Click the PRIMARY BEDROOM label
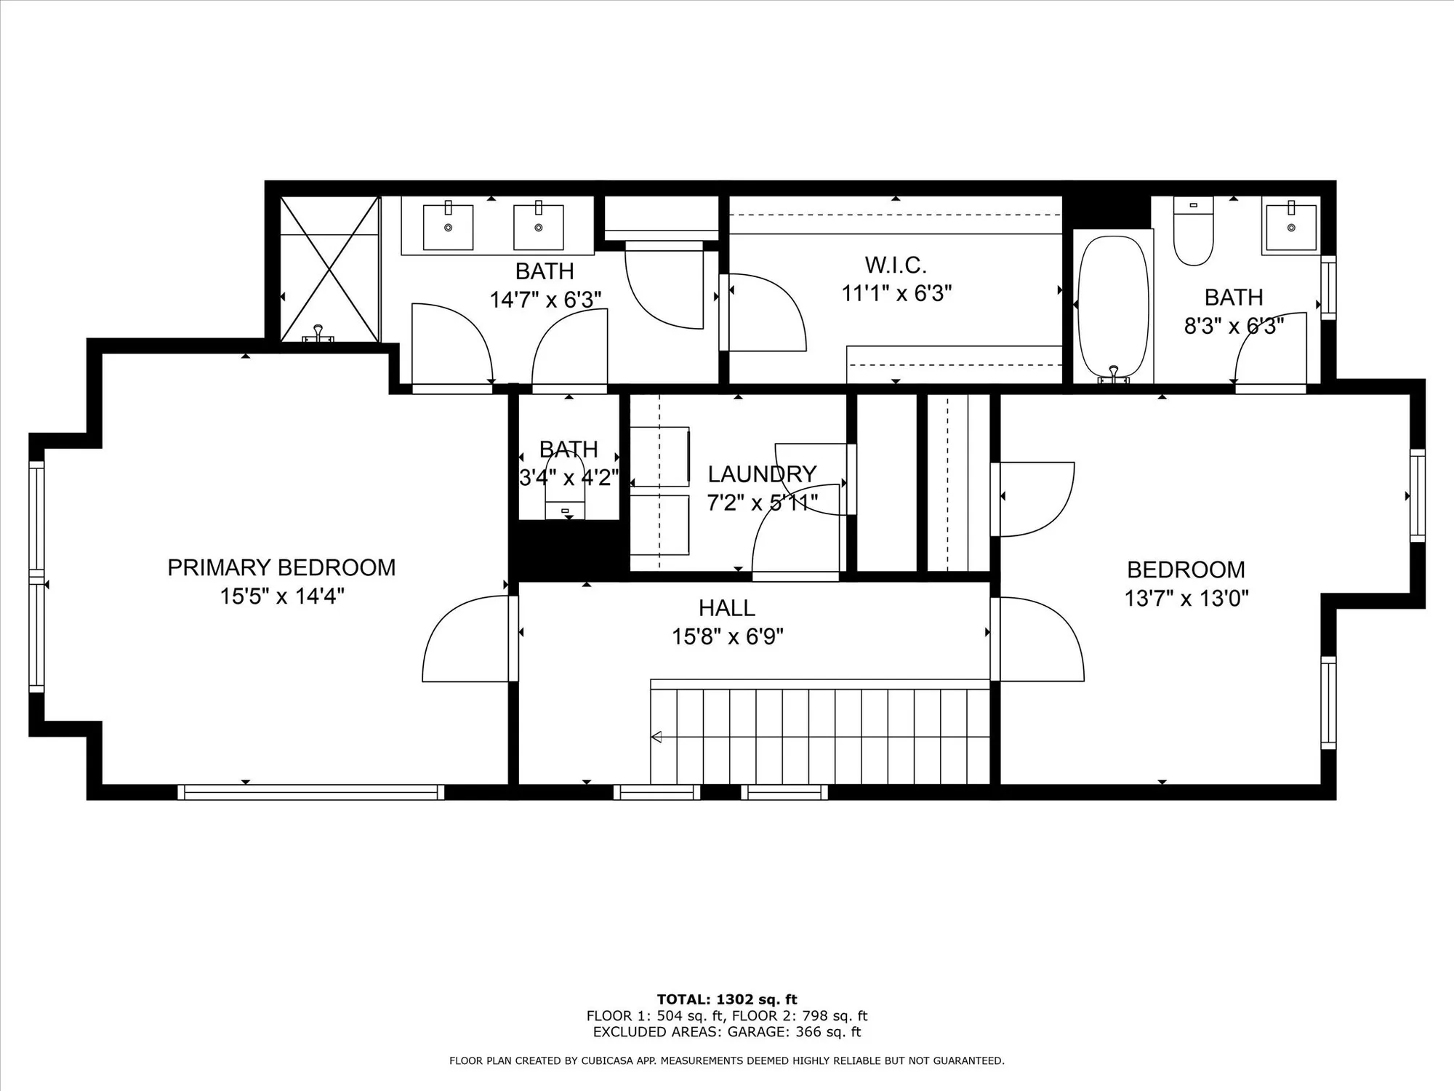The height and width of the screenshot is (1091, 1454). pos(281,567)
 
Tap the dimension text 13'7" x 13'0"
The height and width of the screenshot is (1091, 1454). pos(1186,599)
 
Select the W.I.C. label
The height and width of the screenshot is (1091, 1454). pos(896,264)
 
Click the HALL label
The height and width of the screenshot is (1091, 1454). pos(726,607)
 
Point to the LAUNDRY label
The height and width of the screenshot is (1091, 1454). pos(762,474)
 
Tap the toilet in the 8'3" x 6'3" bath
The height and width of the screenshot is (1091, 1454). pos(1193,233)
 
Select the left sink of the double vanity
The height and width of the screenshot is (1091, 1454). pos(448,227)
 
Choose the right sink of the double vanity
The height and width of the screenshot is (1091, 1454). pos(538,227)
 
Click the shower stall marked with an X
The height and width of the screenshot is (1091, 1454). pos(329,269)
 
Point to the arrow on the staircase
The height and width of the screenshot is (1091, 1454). pos(656,737)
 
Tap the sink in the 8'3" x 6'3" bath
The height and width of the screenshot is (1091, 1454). pos(1290,227)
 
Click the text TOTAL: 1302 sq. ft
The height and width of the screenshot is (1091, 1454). pos(726,999)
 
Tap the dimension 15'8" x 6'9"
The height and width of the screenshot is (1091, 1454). pos(726,637)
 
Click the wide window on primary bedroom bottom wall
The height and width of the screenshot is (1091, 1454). pos(311,792)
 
